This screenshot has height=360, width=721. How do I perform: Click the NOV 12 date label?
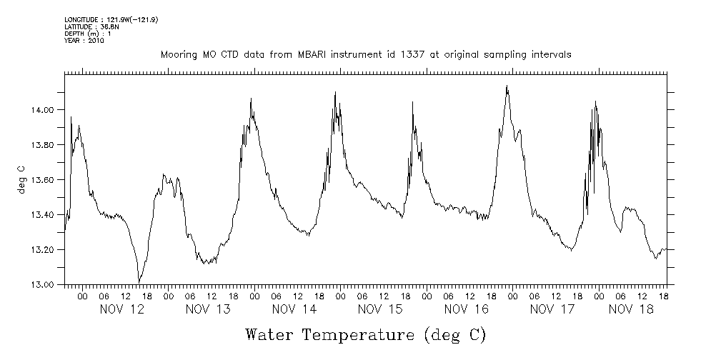pyautogui.click(x=122, y=309)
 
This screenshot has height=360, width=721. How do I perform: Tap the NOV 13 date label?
pyautogui.click(x=208, y=309)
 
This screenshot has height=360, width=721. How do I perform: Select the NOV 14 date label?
pyautogui.click(x=294, y=309)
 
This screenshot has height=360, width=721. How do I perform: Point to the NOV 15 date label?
pyautogui.click(x=380, y=309)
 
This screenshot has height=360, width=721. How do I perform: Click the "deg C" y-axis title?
pyautogui.click(x=21, y=179)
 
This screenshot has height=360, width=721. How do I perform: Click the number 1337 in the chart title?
pyautogui.click(x=404, y=55)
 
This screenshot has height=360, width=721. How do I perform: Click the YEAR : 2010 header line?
pyautogui.click(x=84, y=41)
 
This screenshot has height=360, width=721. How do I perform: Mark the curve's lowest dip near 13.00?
pyautogui.click(x=139, y=281)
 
